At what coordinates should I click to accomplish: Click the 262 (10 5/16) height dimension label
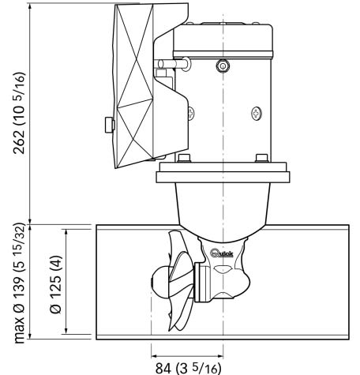[x=20, y=113]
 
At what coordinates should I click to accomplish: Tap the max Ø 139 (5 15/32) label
[x=20, y=283]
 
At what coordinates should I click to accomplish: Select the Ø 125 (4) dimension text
[x=55, y=284]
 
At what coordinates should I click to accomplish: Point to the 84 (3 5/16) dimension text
[x=188, y=368]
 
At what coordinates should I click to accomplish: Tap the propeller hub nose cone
[x=160, y=283]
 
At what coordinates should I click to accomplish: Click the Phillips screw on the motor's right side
[x=257, y=114]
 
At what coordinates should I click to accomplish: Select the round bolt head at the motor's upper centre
[x=223, y=66]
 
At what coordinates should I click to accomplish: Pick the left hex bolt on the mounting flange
[x=184, y=158]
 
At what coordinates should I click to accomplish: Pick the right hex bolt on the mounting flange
[x=262, y=158]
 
